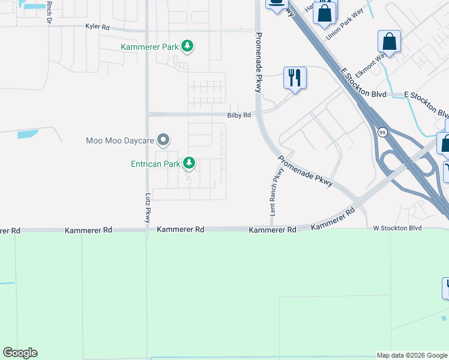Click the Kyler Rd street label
point(97,27)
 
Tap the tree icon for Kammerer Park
point(187,46)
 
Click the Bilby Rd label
point(239,115)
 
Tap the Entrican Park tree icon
point(189,163)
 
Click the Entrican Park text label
point(155,163)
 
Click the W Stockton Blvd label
point(397,228)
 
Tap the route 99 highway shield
point(382,132)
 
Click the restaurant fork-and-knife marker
point(294,78)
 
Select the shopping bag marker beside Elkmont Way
point(389,42)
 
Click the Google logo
point(20,353)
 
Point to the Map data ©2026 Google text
point(412,355)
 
